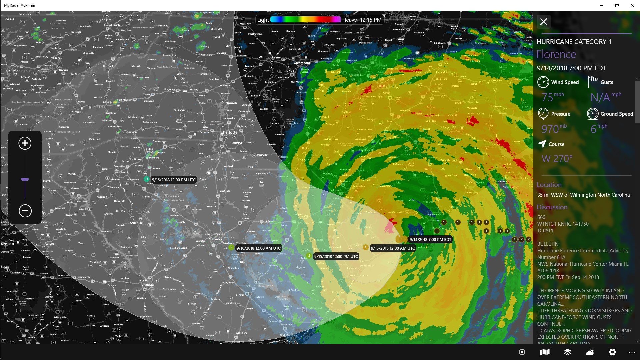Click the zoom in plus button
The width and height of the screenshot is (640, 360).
(x=25, y=143)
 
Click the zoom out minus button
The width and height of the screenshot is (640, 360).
(x=25, y=211)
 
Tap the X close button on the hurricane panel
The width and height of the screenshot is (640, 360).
(x=544, y=22)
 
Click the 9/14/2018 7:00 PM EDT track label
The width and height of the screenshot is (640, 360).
(x=430, y=239)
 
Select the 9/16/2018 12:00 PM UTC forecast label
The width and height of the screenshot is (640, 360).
(x=174, y=180)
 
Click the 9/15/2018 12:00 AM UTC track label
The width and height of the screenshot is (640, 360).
(x=393, y=248)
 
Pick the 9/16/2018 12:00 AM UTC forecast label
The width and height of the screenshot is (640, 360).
(x=259, y=248)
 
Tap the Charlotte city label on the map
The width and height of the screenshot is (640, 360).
(x=229, y=132)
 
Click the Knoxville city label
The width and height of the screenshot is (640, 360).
(x=12, y=70)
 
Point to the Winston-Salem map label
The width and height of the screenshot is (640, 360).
(x=269, y=57)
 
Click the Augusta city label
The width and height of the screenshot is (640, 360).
(x=148, y=285)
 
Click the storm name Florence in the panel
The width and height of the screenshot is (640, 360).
(x=556, y=54)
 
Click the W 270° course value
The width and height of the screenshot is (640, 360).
(x=557, y=159)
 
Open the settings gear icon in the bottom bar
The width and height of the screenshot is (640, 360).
(x=612, y=352)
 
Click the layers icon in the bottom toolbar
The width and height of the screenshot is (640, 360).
(x=567, y=352)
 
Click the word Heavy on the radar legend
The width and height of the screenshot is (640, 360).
(x=349, y=20)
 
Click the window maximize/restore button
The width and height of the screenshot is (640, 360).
(x=617, y=5)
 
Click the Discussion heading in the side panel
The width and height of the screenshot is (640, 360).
(x=552, y=207)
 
